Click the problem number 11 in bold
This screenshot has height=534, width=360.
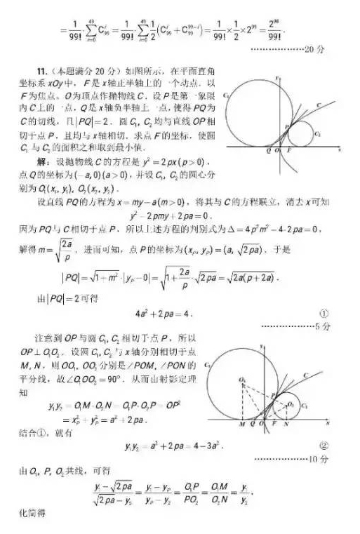pyautogui.click(x=42, y=71)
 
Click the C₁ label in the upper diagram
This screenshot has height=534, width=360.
pyautogui.click(x=227, y=93)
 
